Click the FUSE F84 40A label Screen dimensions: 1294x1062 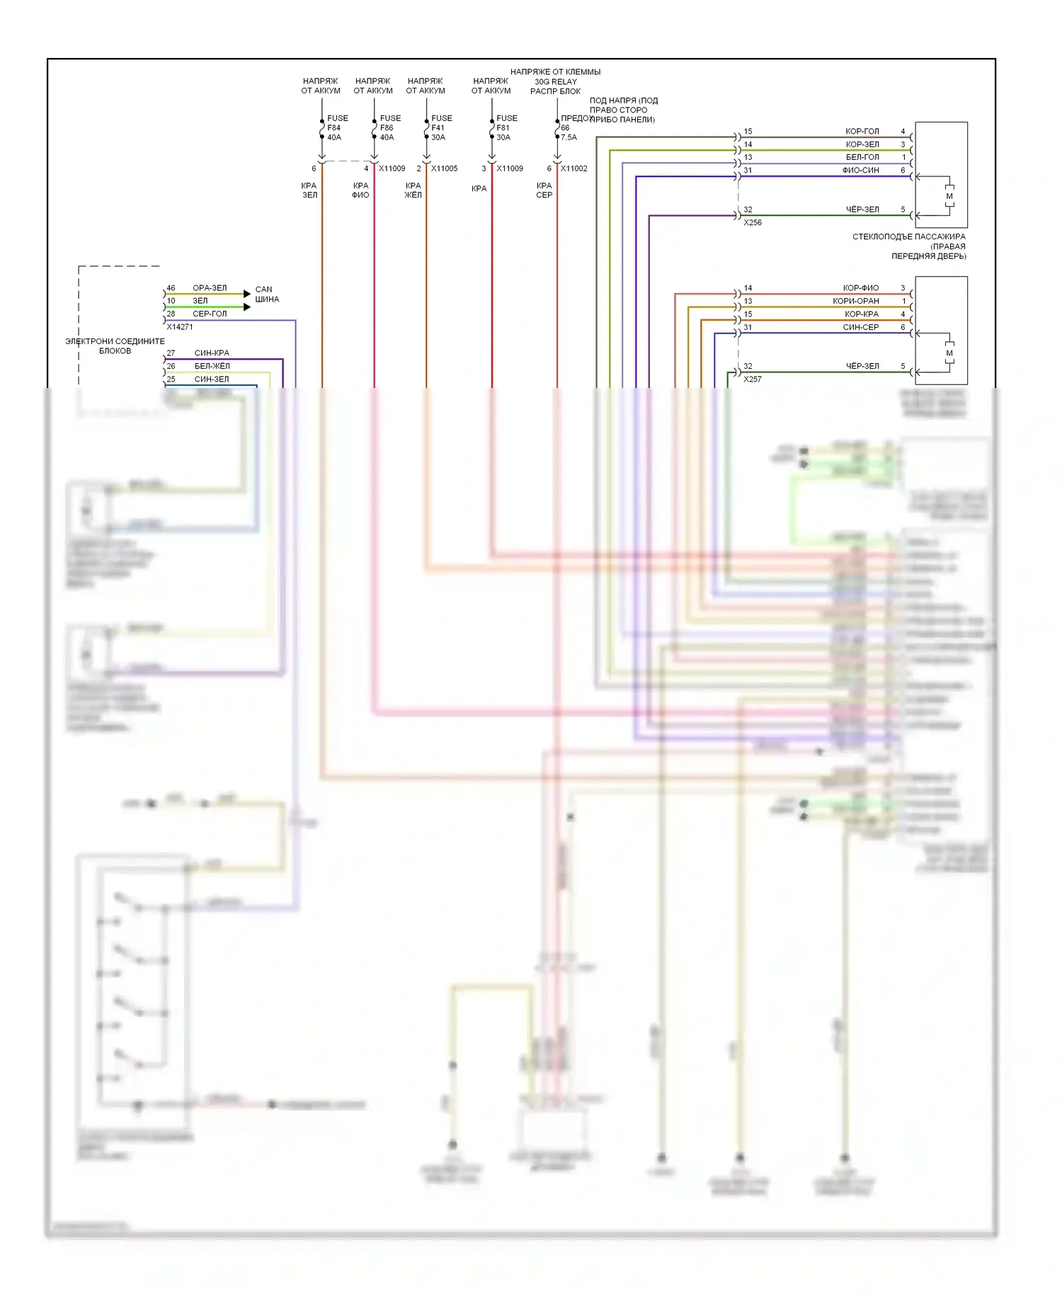pos(336,128)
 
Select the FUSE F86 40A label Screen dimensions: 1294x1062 pos(389,128)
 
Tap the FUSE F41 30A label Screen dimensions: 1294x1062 pos(441,128)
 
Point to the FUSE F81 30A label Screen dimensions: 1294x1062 pos(506,128)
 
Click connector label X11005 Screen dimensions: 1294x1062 pos(444,168)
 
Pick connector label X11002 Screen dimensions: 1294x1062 pos(573,168)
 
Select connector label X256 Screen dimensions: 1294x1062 pos(753,222)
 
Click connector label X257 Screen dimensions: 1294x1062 pos(753,379)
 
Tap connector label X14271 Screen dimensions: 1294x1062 pos(180,327)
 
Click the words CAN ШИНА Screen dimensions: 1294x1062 pos(267,294)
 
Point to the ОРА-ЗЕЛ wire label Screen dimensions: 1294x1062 pos(210,288)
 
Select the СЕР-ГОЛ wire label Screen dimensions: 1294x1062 pos(210,314)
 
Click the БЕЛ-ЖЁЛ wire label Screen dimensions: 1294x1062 pos(212,366)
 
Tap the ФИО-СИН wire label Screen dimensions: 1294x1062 pos(860,171)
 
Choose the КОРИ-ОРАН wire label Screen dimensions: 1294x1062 pos(855,301)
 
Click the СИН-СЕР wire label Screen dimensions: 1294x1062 pos(860,327)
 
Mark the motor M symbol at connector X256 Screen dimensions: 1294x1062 pos(949,196)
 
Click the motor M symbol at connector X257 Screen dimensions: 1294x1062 pos(949,353)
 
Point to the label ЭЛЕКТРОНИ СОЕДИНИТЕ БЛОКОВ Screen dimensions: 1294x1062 pos(115,346)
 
